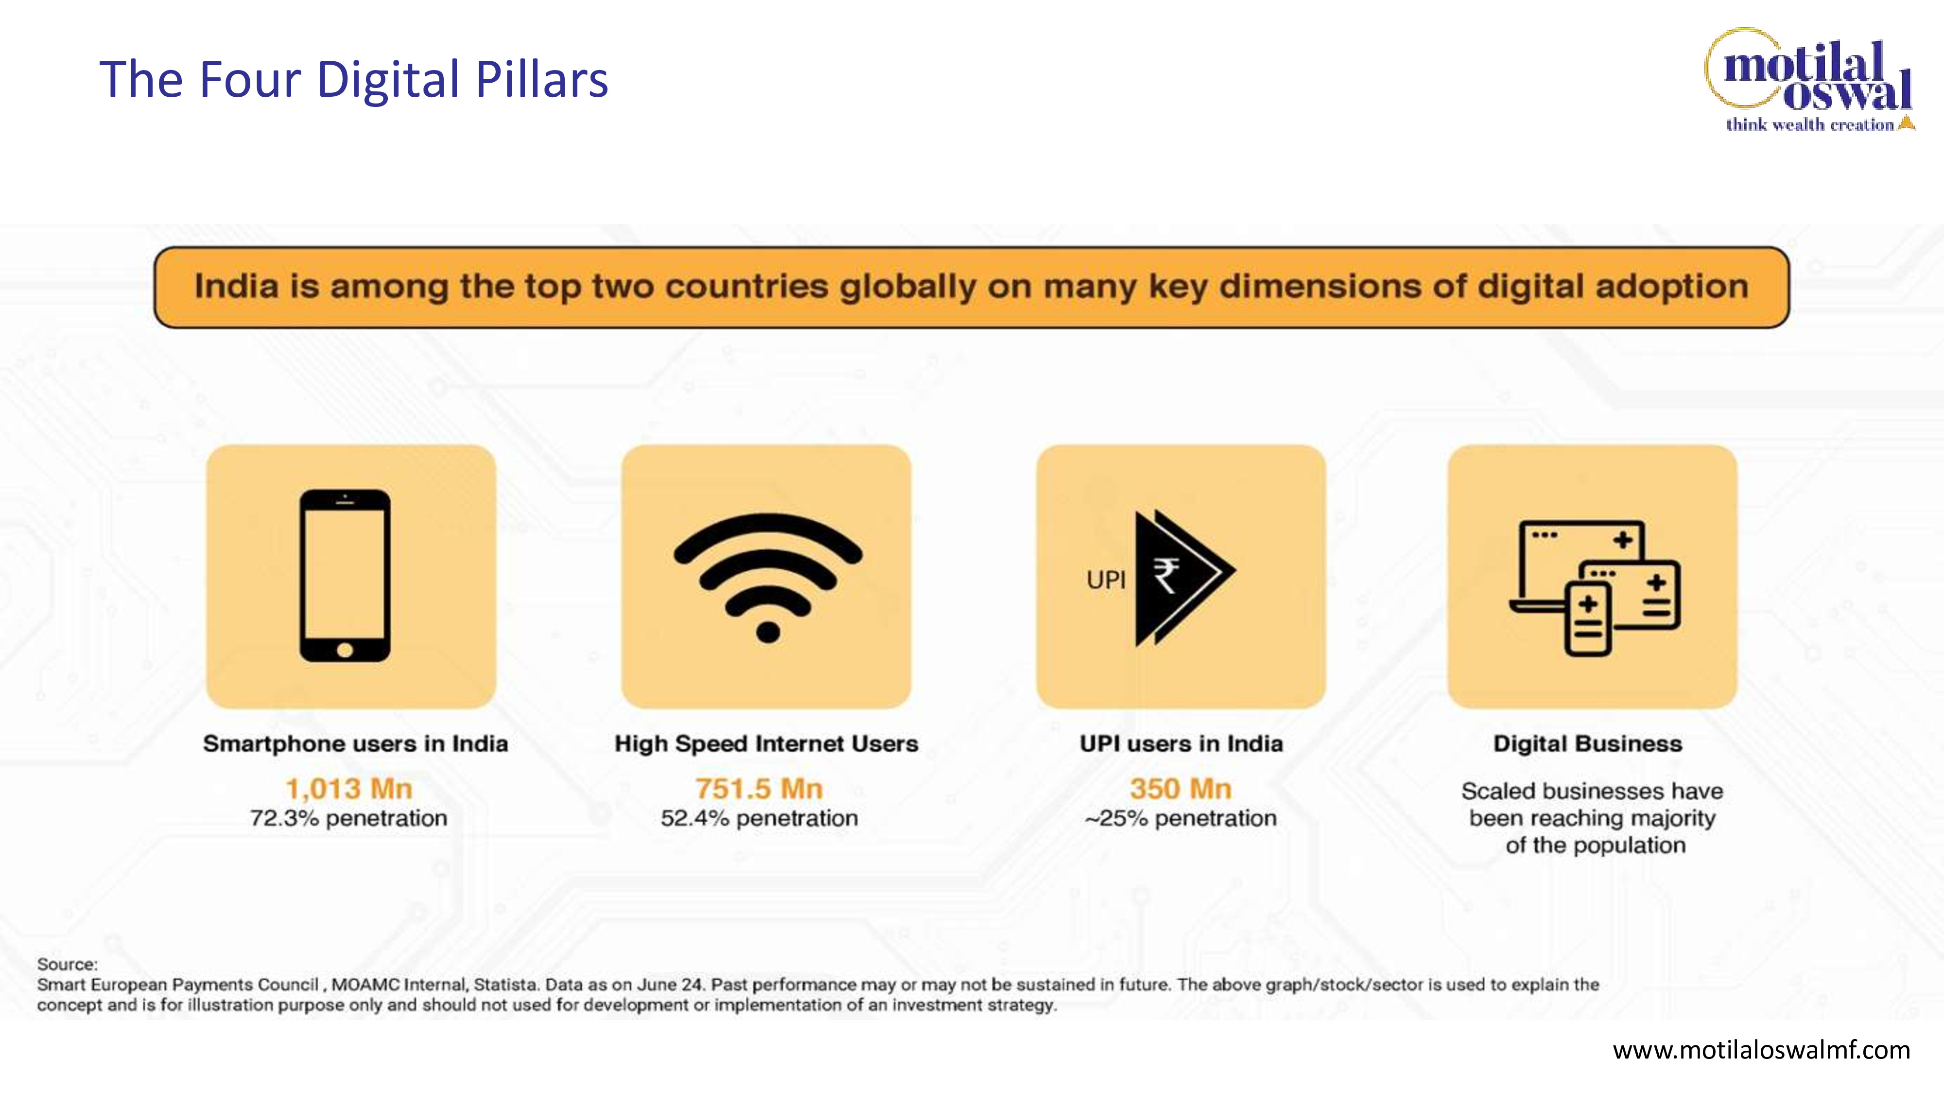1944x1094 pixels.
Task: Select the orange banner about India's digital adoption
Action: pos(971,287)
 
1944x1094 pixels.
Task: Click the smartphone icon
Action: pos(345,576)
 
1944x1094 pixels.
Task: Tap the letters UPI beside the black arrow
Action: pos(1106,580)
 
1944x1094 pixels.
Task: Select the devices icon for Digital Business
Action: pos(1595,587)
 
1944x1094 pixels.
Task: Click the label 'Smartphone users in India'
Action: pos(355,744)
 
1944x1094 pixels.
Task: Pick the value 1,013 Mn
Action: pos(348,789)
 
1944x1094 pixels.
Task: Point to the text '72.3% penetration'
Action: pos(348,818)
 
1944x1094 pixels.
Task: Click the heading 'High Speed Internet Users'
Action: pos(766,744)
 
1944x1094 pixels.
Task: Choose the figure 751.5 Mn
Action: pos(759,789)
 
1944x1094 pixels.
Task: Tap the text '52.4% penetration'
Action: pos(759,818)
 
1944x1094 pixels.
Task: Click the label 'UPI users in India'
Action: pos(1181,744)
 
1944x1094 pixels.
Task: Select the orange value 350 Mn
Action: pos(1181,789)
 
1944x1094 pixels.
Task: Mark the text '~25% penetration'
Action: pos(1181,818)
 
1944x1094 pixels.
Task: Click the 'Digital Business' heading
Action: pos(1588,744)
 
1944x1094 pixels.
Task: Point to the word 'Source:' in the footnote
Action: pos(67,964)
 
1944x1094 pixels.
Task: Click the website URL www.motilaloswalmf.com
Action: pos(1761,1050)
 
